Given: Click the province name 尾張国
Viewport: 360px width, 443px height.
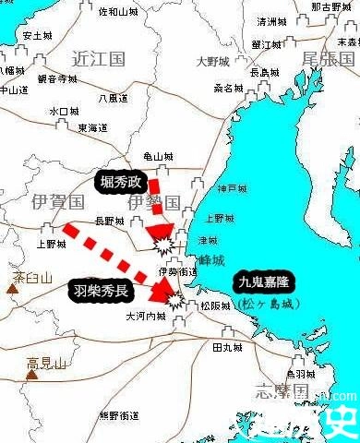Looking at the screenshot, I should tap(328, 59).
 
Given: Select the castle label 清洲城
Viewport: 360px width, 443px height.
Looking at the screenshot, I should tap(271, 20).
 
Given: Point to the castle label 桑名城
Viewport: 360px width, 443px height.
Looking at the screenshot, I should tap(228, 89).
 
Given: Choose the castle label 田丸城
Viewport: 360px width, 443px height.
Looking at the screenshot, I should tap(226, 347).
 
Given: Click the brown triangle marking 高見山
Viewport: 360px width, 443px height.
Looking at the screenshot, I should tap(31, 376).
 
